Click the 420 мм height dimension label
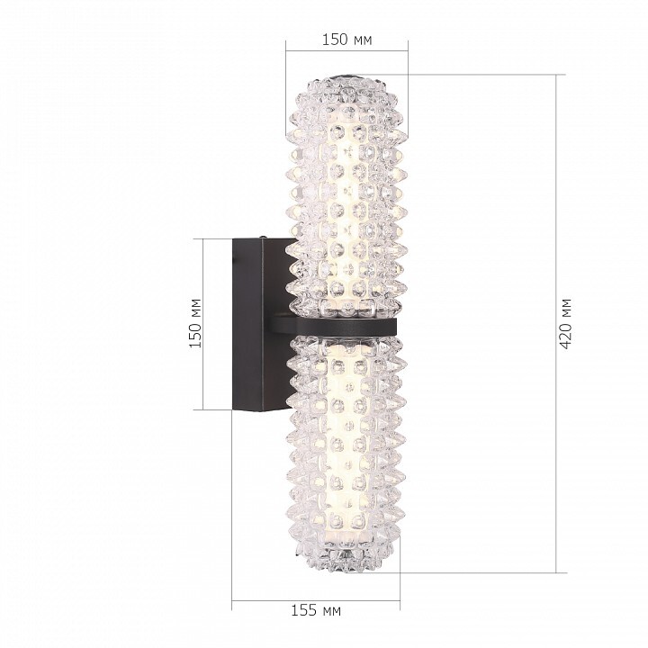566,324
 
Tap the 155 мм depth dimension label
316,610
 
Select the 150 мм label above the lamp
347,40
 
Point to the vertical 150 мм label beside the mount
195,323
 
